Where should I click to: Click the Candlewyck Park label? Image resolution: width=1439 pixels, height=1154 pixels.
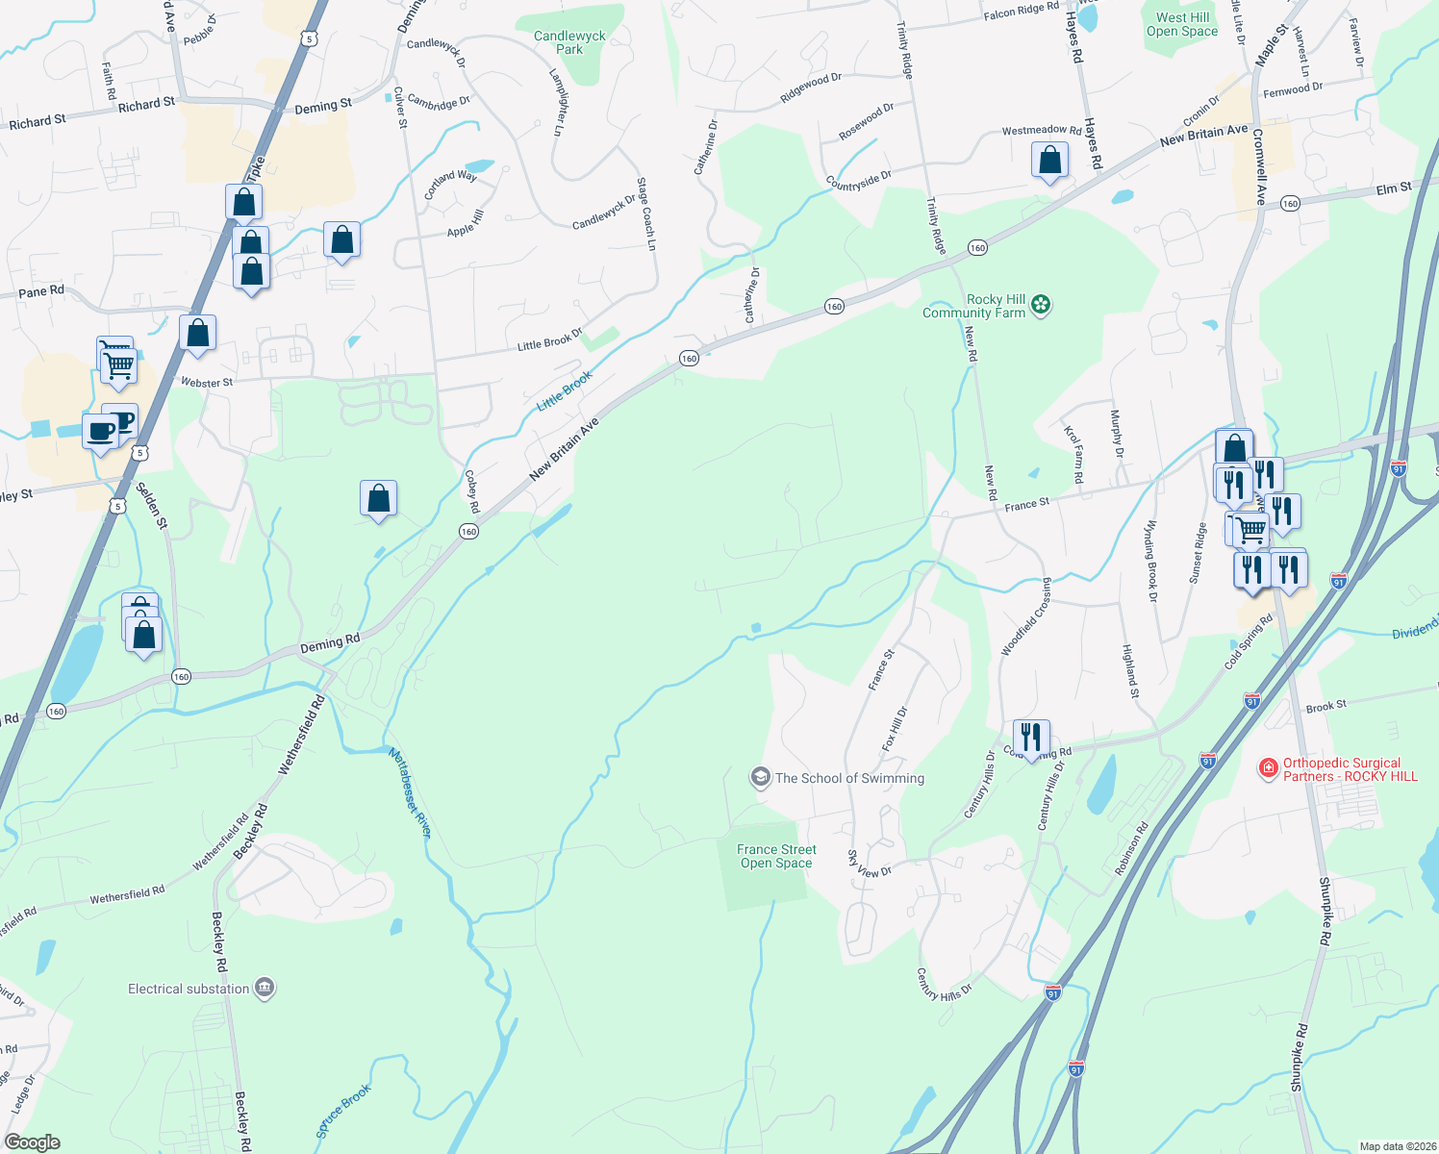click(x=569, y=42)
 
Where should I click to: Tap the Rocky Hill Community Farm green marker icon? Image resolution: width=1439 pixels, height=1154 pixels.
click(x=1040, y=305)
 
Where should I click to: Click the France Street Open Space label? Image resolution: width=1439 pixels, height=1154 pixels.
click(x=776, y=856)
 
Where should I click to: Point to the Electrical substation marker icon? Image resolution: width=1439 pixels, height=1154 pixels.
click(x=265, y=988)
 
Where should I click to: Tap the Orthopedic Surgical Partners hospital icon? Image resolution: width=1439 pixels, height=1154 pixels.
click(x=1269, y=768)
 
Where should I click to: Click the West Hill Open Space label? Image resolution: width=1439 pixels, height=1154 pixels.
click(x=1182, y=24)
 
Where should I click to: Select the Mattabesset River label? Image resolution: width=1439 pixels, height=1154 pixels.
click(x=411, y=793)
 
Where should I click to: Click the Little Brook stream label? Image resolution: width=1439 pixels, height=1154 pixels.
click(x=565, y=391)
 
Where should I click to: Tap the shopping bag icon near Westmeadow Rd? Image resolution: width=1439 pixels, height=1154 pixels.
click(x=1049, y=161)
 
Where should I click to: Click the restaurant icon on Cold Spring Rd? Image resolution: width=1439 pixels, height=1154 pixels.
click(x=1031, y=738)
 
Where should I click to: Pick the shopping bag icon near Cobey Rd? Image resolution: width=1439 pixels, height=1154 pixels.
click(x=378, y=498)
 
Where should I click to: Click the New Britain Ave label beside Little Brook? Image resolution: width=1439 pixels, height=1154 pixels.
click(x=565, y=449)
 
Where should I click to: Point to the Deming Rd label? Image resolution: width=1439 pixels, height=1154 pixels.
click(x=330, y=644)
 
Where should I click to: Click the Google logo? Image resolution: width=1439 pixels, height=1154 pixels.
click(x=33, y=1141)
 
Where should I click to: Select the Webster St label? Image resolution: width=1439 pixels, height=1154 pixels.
click(x=207, y=383)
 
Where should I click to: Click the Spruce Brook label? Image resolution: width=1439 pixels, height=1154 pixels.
click(x=343, y=1112)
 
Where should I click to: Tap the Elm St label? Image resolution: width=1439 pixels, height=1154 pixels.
click(x=1393, y=189)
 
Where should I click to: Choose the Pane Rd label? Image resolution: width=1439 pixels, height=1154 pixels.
click(x=41, y=291)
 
